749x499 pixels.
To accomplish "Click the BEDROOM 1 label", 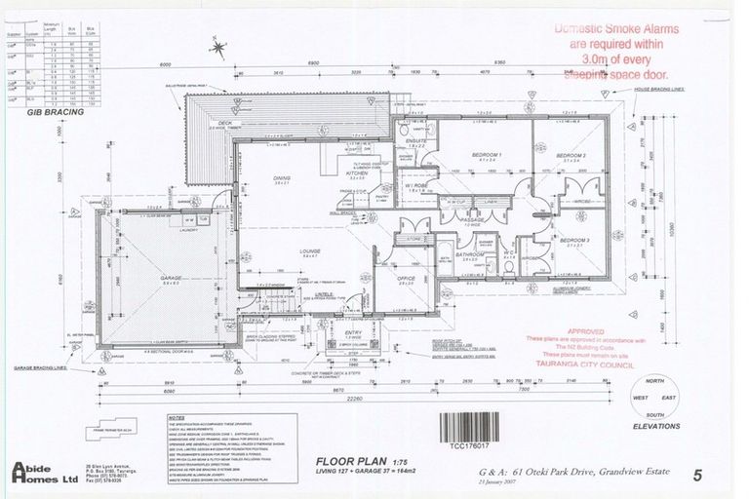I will [x=487, y=155].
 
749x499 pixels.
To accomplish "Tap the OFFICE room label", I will [x=406, y=278].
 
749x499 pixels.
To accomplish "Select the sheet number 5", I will [x=697, y=476].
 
